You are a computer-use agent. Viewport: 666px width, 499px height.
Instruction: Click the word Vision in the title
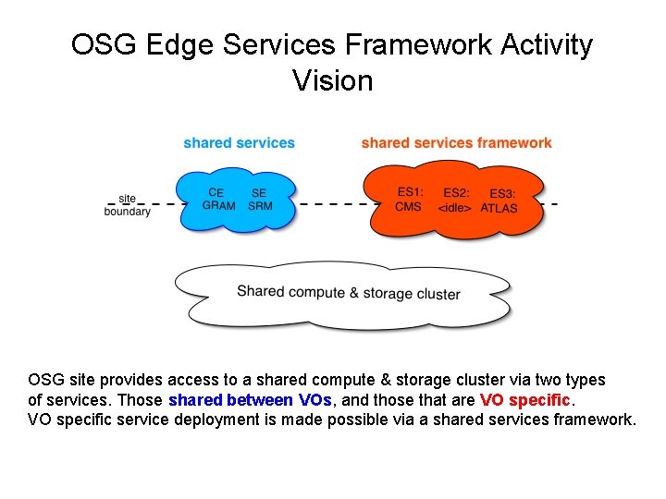tap(332, 80)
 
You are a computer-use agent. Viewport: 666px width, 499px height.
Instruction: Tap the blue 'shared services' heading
tap(239, 142)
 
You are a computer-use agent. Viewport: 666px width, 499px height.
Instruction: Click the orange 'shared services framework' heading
tap(456, 142)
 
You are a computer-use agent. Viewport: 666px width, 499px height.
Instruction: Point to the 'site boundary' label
tap(127, 204)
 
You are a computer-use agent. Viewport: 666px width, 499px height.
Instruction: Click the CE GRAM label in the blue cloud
tap(218, 200)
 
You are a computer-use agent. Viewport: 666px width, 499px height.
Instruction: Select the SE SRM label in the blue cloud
tap(260, 200)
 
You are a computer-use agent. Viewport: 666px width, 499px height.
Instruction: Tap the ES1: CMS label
tap(409, 199)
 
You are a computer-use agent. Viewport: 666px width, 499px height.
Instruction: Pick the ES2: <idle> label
tap(455, 201)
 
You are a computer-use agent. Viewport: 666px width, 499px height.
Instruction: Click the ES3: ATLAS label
tap(500, 201)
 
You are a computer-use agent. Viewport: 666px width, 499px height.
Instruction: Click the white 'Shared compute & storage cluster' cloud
tap(348, 294)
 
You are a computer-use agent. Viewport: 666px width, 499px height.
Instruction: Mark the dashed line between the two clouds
tap(333, 203)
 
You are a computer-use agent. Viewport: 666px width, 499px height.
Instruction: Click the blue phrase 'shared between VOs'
tap(245, 400)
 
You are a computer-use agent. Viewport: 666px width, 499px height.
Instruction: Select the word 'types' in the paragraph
tap(583, 380)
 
